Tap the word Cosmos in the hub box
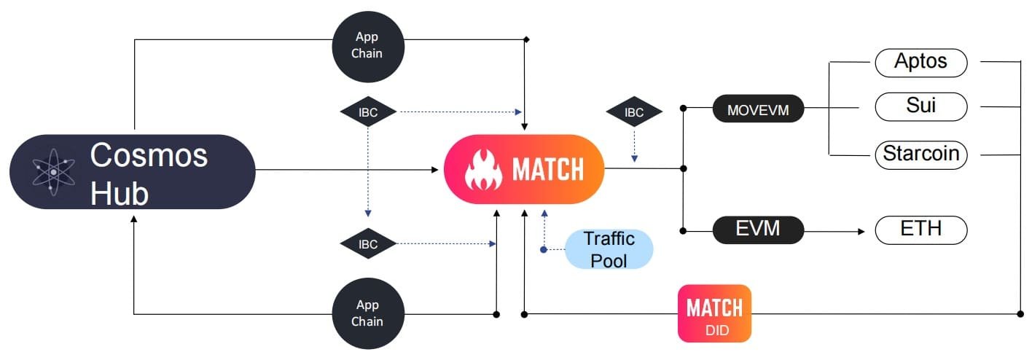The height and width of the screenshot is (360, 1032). click(149, 155)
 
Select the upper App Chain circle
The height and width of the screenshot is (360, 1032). click(368, 45)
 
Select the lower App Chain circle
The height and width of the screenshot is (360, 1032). click(368, 313)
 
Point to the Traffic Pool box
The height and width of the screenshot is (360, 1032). click(609, 249)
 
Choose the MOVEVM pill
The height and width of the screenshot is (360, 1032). click(758, 111)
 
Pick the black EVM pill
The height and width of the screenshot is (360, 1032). click(758, 230)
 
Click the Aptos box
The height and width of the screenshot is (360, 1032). click(920, 63)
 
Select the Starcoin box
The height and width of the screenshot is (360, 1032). click(920, 154)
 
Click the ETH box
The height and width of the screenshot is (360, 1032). click(920, 230)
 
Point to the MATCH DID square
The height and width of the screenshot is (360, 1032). click(714, 313)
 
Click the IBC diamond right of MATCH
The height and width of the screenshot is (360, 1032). click(634, 112)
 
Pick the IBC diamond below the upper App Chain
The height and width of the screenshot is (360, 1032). click(368, 112)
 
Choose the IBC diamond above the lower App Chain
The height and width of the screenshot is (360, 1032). click(368, 244)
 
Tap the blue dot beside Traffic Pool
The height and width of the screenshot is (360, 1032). click(544, 249)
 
